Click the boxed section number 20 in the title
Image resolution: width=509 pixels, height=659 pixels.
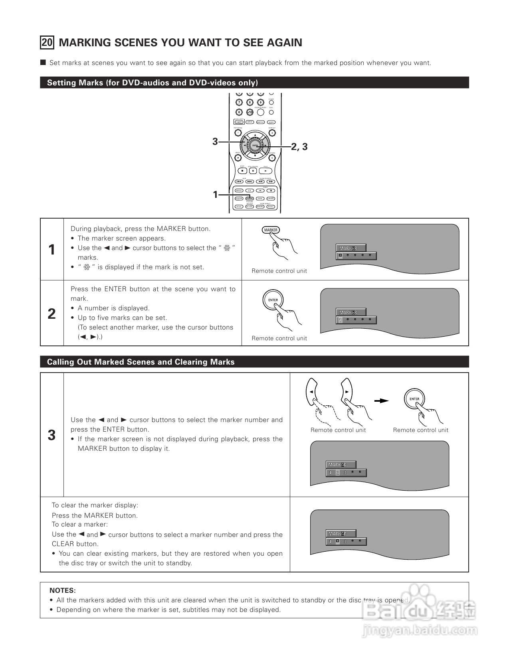pos(47,43)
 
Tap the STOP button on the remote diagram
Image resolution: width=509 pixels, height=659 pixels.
pos(242,171)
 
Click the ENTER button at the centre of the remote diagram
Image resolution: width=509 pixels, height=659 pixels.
pos(255,146)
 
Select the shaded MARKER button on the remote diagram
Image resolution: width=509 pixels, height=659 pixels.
pos(250,199)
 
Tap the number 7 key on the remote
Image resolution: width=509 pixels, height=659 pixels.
pos(239,103)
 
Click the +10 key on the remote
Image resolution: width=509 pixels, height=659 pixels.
pos(250,112)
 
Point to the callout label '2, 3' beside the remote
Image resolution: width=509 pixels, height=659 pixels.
pos(299,147)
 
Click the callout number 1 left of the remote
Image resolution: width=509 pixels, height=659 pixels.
pos(215,195)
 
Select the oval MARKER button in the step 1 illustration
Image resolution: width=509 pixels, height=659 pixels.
pos(271,230)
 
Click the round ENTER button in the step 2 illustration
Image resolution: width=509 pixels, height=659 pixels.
pos(273,300)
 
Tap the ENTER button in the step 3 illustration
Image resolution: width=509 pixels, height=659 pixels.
pos(414,399)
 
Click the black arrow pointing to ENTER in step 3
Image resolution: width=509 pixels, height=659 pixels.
pos(381,401)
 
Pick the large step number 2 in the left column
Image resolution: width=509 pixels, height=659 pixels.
pos(51,314)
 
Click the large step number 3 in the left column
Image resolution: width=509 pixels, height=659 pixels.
pos(51,435)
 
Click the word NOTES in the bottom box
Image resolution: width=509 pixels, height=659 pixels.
pos(62,590)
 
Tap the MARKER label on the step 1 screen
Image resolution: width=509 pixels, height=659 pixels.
pos(349,248)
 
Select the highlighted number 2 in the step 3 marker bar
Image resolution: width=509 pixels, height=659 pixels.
pos(337,473)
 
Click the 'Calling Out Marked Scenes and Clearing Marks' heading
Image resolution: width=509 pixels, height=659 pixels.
pos(141,362)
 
